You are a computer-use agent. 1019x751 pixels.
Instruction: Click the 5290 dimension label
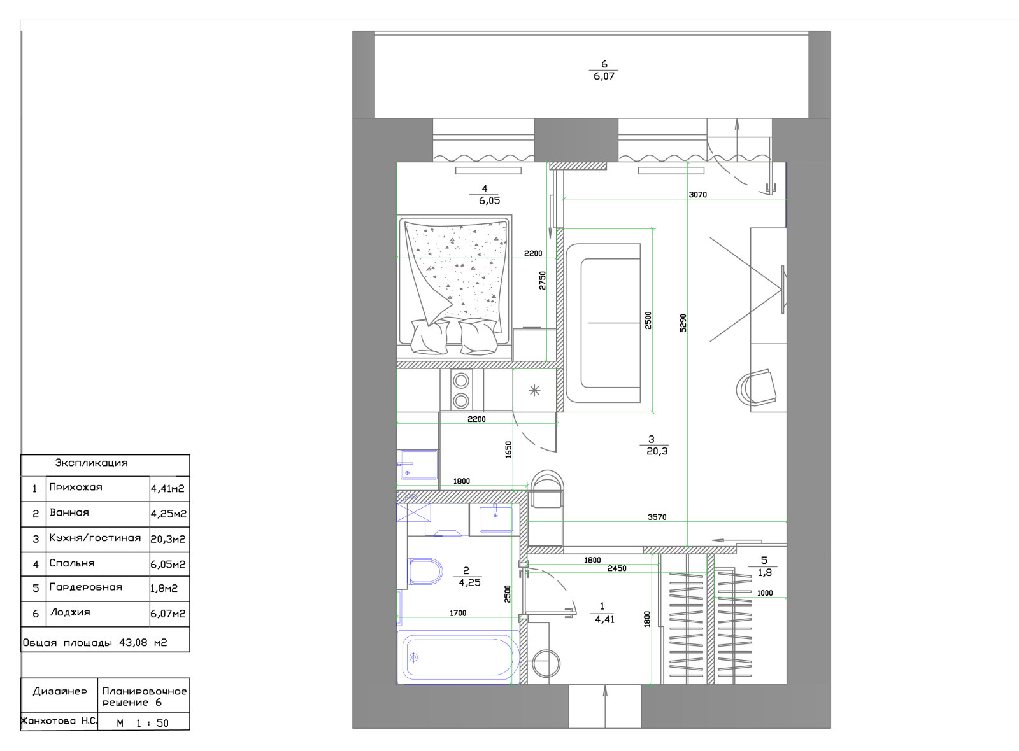click(x=683, y=323)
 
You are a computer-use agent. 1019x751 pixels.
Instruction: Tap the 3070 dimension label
click(x=698, y=195)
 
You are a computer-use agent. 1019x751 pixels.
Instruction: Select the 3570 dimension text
click(x=657, y=517)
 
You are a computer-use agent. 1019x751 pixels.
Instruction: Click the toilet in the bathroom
click(x=425, y=571)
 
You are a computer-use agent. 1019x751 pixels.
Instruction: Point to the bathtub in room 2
click(x=458, y=657)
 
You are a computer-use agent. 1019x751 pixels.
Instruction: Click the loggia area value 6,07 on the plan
click(x=604, y=76)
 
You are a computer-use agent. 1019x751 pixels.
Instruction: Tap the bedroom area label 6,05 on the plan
click(x=489, y=200)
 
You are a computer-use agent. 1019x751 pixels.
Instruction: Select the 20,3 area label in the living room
click(x=657, y=451)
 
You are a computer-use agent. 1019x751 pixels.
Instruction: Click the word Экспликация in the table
click(x=92, y=463)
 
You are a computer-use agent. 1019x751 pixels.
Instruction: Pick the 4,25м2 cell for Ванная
click(x=168, y=514)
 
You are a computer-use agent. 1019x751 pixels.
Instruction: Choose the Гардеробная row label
click(x=85, y=587)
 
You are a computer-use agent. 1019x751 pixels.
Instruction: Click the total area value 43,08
click(x=133, y=642)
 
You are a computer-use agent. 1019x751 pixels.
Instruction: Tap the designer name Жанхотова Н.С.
click(x=59, y=721)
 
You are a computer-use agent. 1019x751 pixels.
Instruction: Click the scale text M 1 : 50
click(x=143, y=723)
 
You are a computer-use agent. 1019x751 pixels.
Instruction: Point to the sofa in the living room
click(x=602, y=323)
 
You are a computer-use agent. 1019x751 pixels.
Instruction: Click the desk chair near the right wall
click(x=756, y=388)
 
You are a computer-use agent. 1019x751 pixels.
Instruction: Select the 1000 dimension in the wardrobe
click(x=765, y=593)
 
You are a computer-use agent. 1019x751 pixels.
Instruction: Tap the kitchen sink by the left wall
click(x=418, y=465)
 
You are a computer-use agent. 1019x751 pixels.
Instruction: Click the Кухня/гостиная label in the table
click(x=95, y=538)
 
